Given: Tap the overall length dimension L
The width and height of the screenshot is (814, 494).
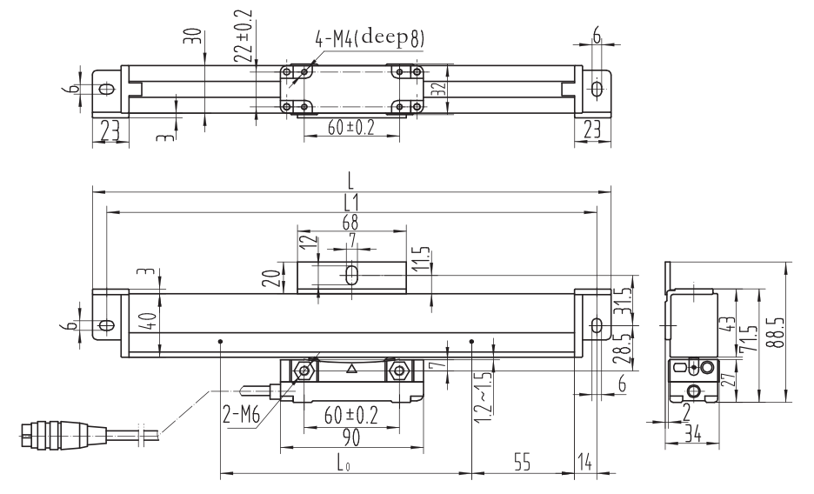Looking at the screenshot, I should click(x=350, y=182).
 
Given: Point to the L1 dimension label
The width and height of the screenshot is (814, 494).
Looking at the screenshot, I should click(x=350, y=202).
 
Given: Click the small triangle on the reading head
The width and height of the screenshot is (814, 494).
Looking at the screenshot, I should click(x=351, y=369).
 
